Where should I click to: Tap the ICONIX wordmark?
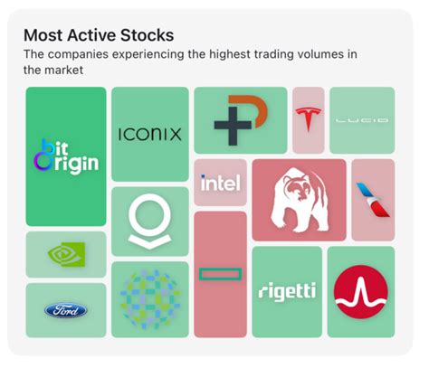click(150, 135)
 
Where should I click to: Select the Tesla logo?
click(308, 118)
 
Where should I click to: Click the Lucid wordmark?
click(361, 119)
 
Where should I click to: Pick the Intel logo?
click(220, 184)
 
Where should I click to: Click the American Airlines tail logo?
click(372, 199)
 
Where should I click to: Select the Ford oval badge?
click(66, 310)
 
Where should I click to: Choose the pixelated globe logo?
click(150, 299)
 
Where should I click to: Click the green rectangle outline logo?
click(220, 274)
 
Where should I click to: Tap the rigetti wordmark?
click(286, 291)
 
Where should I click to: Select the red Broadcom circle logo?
click(360, 291)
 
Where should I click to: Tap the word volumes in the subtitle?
click(303, 55)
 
